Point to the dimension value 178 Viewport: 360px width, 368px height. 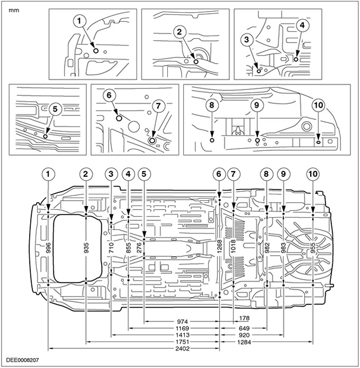tap(244, 318)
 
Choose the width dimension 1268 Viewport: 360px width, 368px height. tap(219, 248)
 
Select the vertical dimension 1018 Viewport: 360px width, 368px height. tap(233, 248)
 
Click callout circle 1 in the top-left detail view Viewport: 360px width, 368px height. tap(80, 21)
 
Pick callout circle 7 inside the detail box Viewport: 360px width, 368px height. tap(157, 106)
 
